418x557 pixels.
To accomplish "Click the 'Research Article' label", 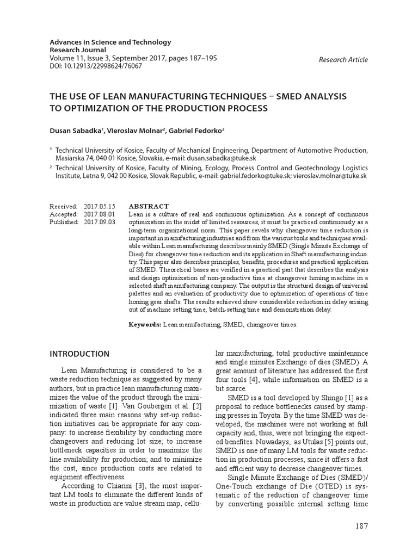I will pyautogui.click(x=343, y=60).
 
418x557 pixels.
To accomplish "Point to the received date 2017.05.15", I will pyautogui.click(x=100, y=207).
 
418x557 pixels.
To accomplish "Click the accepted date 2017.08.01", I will pyautogui.click(x=100, y=214).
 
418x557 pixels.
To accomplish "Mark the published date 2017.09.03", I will pyautogui.click(x=100, y=222).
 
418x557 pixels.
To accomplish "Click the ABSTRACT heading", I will pyautogui.click(x=149, y=207).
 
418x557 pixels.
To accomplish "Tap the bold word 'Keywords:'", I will pyautogui.click(x=145, y=324).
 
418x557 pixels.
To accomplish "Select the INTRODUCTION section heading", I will pyautogui.click(x=79, y=354).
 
